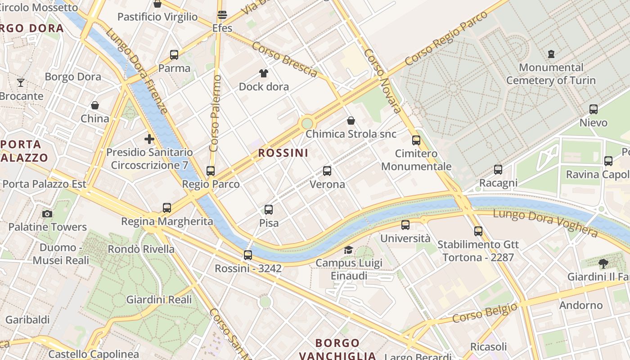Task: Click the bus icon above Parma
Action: (174, 55)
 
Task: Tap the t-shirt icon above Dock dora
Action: (264, 73)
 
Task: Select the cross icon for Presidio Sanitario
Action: (149, 139)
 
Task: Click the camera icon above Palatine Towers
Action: (47, 214)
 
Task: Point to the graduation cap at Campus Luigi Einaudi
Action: (349, 250)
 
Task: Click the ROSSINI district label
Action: (283, 153)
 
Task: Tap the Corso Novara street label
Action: (382, 81)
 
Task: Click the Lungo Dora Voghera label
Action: (545, 222)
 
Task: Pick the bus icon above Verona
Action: (327, 171)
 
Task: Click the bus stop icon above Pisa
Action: (269, 209)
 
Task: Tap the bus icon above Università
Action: (405, 225)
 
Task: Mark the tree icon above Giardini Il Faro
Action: (603, 264)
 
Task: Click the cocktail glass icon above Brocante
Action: (21, 83)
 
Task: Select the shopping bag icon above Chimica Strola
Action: (351, 121)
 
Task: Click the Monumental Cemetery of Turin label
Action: (551, 74)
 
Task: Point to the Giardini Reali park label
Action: (159, 300)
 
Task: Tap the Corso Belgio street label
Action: (485, 313)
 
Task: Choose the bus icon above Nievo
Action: (594, 109)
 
